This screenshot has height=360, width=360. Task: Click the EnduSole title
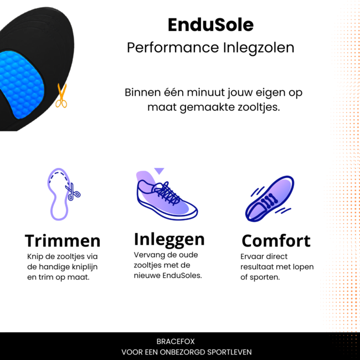(210, 24)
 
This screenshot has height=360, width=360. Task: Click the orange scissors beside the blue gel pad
(61, 95)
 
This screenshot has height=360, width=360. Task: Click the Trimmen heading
(63, 240)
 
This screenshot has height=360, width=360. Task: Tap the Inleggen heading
(169, 239)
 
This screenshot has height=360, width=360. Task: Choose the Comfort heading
(276, 240)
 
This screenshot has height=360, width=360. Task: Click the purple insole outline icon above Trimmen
(60, 194)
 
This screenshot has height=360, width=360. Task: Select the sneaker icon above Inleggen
(166, 197)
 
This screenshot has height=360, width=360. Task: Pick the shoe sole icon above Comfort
(270, 198)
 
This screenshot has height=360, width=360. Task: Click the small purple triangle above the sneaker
(160, 171)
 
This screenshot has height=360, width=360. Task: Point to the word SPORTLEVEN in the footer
(227, 352)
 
